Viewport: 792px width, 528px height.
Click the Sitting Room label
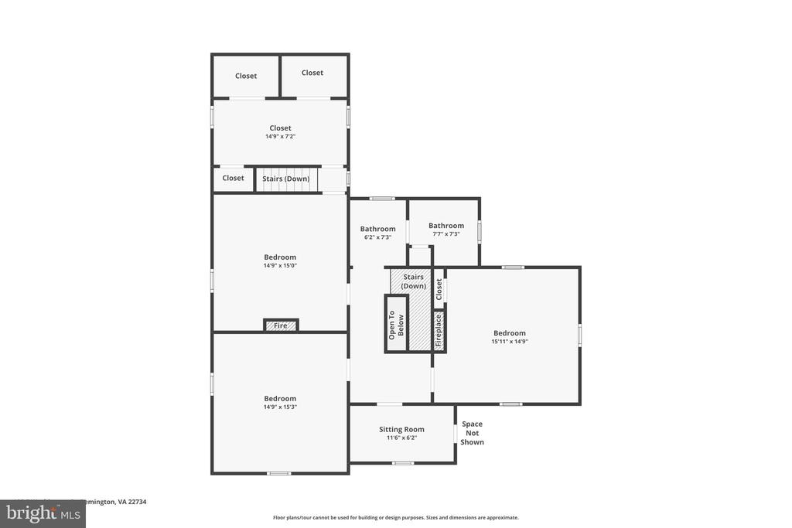click(x=401, y=430)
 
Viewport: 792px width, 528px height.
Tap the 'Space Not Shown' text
click(x=472, y=433)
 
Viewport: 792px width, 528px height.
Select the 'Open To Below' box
click(x=396, y=324)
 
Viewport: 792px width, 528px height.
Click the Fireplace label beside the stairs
click(x=439, y=330)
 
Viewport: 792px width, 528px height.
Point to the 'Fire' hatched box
click(x=281, y=325)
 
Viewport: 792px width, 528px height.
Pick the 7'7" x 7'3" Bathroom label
click(x=446, y=226)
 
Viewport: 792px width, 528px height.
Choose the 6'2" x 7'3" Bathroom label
click(x=377, y=229)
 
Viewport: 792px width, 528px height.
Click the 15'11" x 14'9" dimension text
click(x=509, y=342)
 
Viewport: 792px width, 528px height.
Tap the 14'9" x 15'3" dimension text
click(x=280, y=407)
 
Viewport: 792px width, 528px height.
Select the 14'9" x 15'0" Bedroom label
click(x=280, y=257)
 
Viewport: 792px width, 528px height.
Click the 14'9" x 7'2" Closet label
click(x=280, y=128)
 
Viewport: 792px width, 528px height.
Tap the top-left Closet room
click(x=246, y=76)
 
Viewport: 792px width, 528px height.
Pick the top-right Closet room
click(x=312, y=73)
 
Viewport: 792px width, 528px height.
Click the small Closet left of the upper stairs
click(x=233, y=179)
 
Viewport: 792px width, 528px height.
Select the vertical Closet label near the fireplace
click(x=439, y=290)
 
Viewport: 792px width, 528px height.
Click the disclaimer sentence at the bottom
click(x=395, y=518)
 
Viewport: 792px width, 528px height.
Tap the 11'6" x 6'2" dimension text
click(x=401, y=438)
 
